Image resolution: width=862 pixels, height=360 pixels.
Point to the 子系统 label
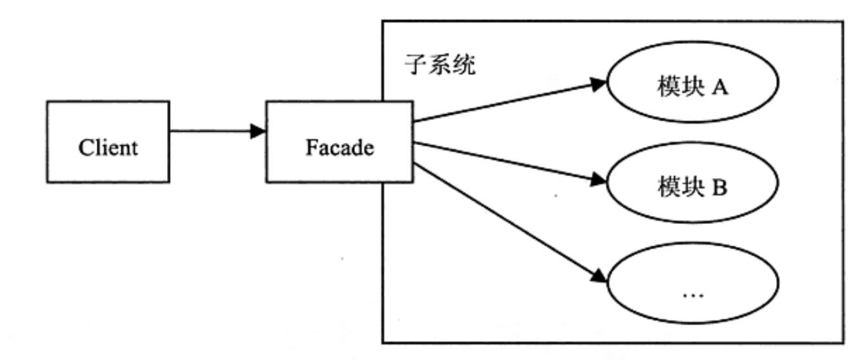[439, 66]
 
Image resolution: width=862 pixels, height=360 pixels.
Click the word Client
[108, 148]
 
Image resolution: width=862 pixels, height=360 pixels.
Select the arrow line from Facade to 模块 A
[503, 102]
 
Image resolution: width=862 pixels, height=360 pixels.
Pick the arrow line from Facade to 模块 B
[503, 161]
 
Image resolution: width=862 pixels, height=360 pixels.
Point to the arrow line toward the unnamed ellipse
[503, 219]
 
